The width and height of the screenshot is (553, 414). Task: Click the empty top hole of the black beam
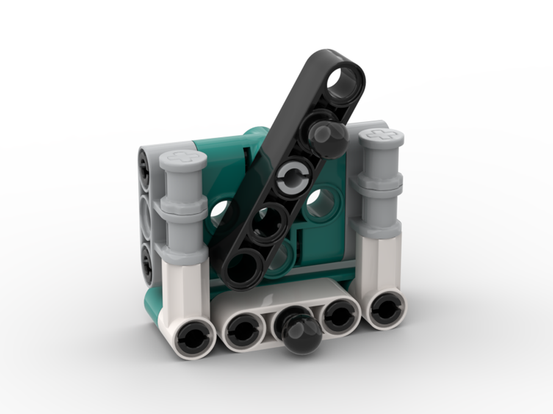coord(343,79)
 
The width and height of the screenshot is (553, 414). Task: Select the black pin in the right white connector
coord(382,308)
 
